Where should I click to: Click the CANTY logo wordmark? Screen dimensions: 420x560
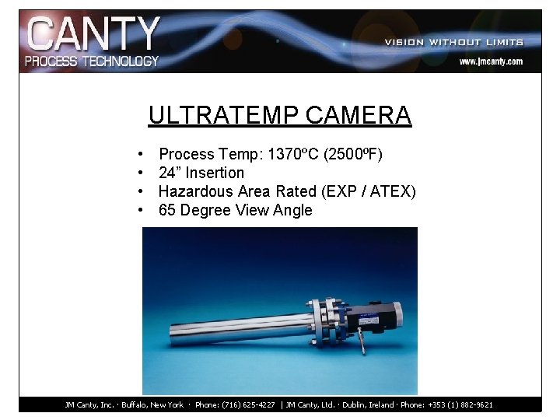(x=93, y=35)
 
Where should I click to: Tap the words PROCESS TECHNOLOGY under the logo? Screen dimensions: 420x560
(x=93, y=61)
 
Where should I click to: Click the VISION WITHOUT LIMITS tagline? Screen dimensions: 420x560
(x=453, y=42)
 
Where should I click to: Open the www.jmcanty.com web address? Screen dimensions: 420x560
(x=490, y=61)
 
